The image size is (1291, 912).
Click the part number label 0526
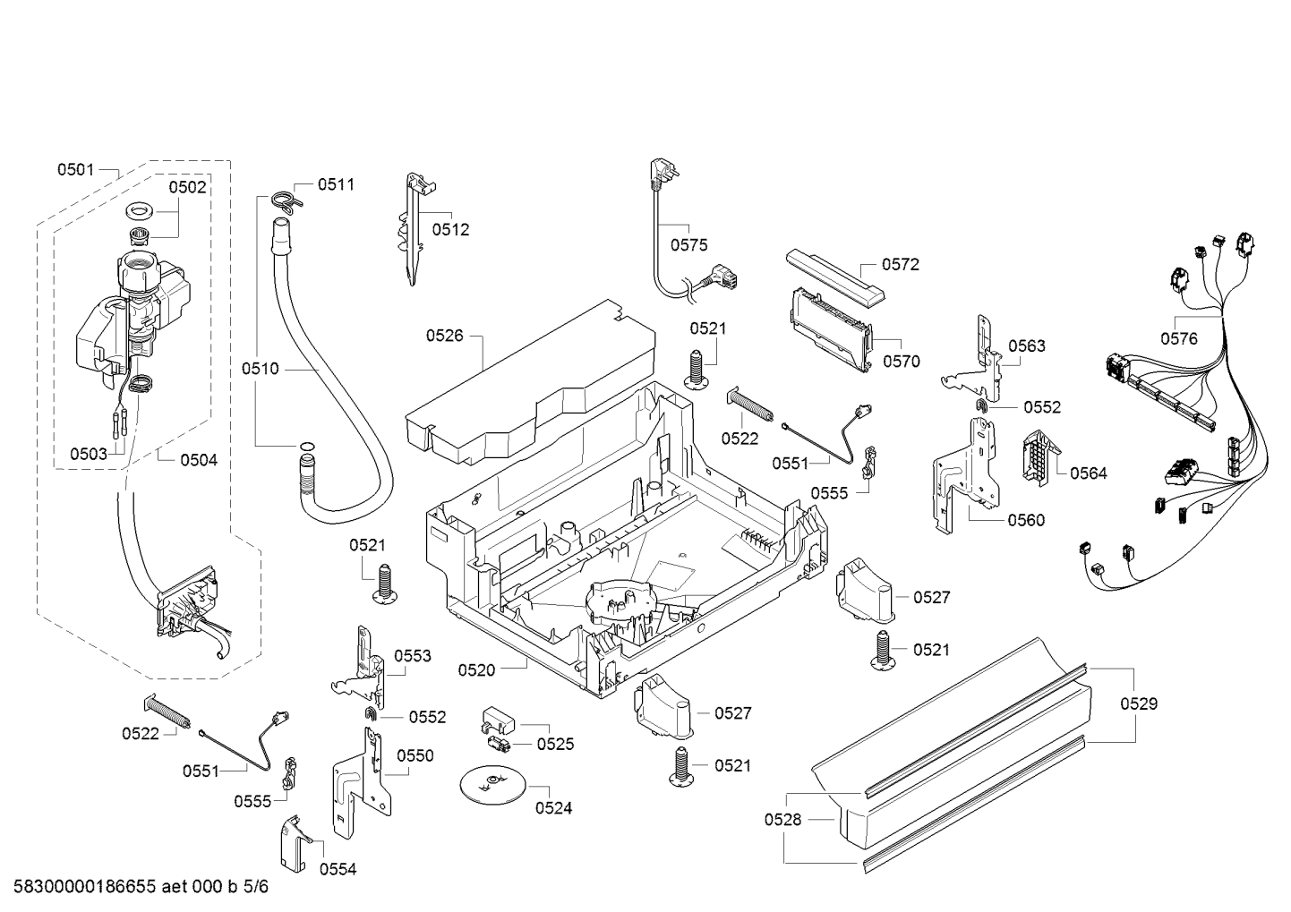tap(444, 336)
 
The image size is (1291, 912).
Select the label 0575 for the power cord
tap(688, 244)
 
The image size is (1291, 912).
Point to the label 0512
tap(450, 230)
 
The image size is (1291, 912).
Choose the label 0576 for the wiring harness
tap(1179, 337)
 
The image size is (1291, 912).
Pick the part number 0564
tap(1089, 473)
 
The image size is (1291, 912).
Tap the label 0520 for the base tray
tap(476, 669)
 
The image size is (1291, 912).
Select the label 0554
tap(338, 869)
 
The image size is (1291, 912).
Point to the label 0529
tap(1139, 703)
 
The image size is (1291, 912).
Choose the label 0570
tap(901, 362)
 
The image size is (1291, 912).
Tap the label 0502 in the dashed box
tap(188, 187)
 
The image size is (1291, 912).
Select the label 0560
tap(1026, 520)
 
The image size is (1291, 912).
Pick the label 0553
tap(413, 656)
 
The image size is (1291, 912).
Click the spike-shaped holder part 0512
tap(412, 228)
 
